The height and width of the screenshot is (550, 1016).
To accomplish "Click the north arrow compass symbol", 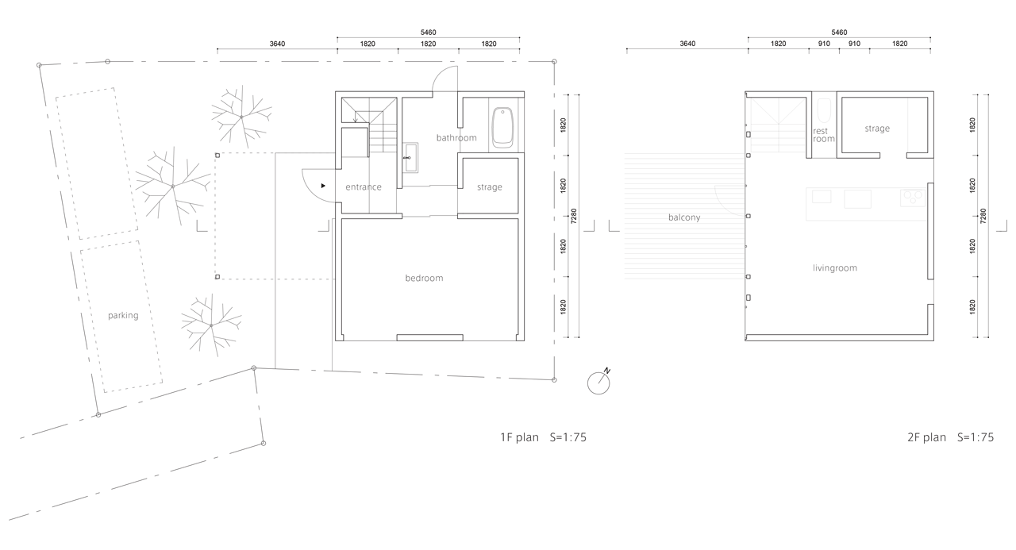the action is (598, 383).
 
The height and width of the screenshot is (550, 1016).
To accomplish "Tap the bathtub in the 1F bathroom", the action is (502, 128).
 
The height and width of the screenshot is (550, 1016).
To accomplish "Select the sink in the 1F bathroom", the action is (411, 157).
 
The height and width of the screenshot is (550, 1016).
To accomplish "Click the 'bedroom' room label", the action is (424, 278).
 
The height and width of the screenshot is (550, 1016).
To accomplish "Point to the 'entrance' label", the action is (364, 187).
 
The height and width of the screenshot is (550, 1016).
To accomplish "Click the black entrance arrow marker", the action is (323, 186).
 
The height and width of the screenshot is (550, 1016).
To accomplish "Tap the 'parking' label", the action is (123, 316).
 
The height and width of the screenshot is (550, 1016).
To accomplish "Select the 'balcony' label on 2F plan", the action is (684, 217).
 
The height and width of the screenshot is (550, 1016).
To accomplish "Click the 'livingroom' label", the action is (834, 268).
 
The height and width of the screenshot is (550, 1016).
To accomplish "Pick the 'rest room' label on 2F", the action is (823, 135).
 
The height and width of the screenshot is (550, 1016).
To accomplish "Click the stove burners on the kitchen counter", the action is (913, 198).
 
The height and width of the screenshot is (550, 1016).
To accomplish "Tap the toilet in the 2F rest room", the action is (824, 110).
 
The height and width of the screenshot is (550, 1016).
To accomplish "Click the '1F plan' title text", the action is (519, 437).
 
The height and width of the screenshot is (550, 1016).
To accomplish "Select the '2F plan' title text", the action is (926, 437).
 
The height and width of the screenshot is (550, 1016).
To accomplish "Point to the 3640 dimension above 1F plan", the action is (277, 44).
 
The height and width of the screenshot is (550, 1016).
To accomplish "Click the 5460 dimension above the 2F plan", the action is (839, 33).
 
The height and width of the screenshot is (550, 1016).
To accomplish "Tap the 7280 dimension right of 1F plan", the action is (574, 216).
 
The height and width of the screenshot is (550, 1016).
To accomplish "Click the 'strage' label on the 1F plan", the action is (490, 187).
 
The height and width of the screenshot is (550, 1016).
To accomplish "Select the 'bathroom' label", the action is (456, 137).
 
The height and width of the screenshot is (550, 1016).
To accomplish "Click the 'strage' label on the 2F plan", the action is (877, 129).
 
